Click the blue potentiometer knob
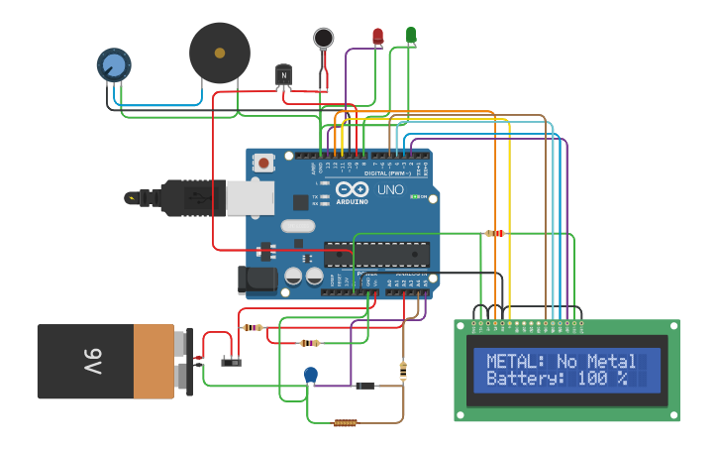114,65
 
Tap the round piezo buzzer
220,53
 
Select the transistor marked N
284,76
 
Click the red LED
377,37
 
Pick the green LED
411,36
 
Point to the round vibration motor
324,39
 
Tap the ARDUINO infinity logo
352,189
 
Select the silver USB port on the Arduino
250,198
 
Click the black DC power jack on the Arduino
258,280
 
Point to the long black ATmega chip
377,255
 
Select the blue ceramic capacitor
311,374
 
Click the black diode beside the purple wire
364,385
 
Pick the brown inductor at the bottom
345,423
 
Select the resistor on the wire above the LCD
494,234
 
